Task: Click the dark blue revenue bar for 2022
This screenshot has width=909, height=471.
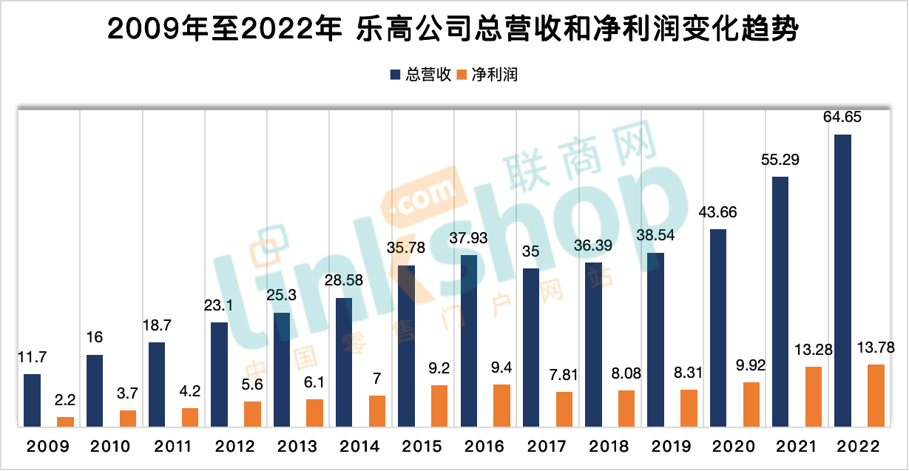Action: [842, 280]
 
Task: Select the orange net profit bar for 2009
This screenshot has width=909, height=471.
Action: [66, 421]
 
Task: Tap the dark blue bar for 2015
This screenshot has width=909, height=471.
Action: [407, 345]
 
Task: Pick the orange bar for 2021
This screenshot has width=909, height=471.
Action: [813, 396]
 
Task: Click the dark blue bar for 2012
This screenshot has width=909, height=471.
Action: [220, 374]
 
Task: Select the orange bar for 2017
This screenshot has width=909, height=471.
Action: [564, 409]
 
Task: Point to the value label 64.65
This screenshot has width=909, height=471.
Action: [842, 117]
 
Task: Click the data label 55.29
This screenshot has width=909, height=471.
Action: [780, 159]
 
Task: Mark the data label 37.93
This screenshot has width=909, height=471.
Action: [469, 237]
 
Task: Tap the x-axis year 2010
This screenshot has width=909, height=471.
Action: [110, 447]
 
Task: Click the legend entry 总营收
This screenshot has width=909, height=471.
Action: [421, 75]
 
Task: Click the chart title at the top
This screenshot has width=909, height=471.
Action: [453, 30]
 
